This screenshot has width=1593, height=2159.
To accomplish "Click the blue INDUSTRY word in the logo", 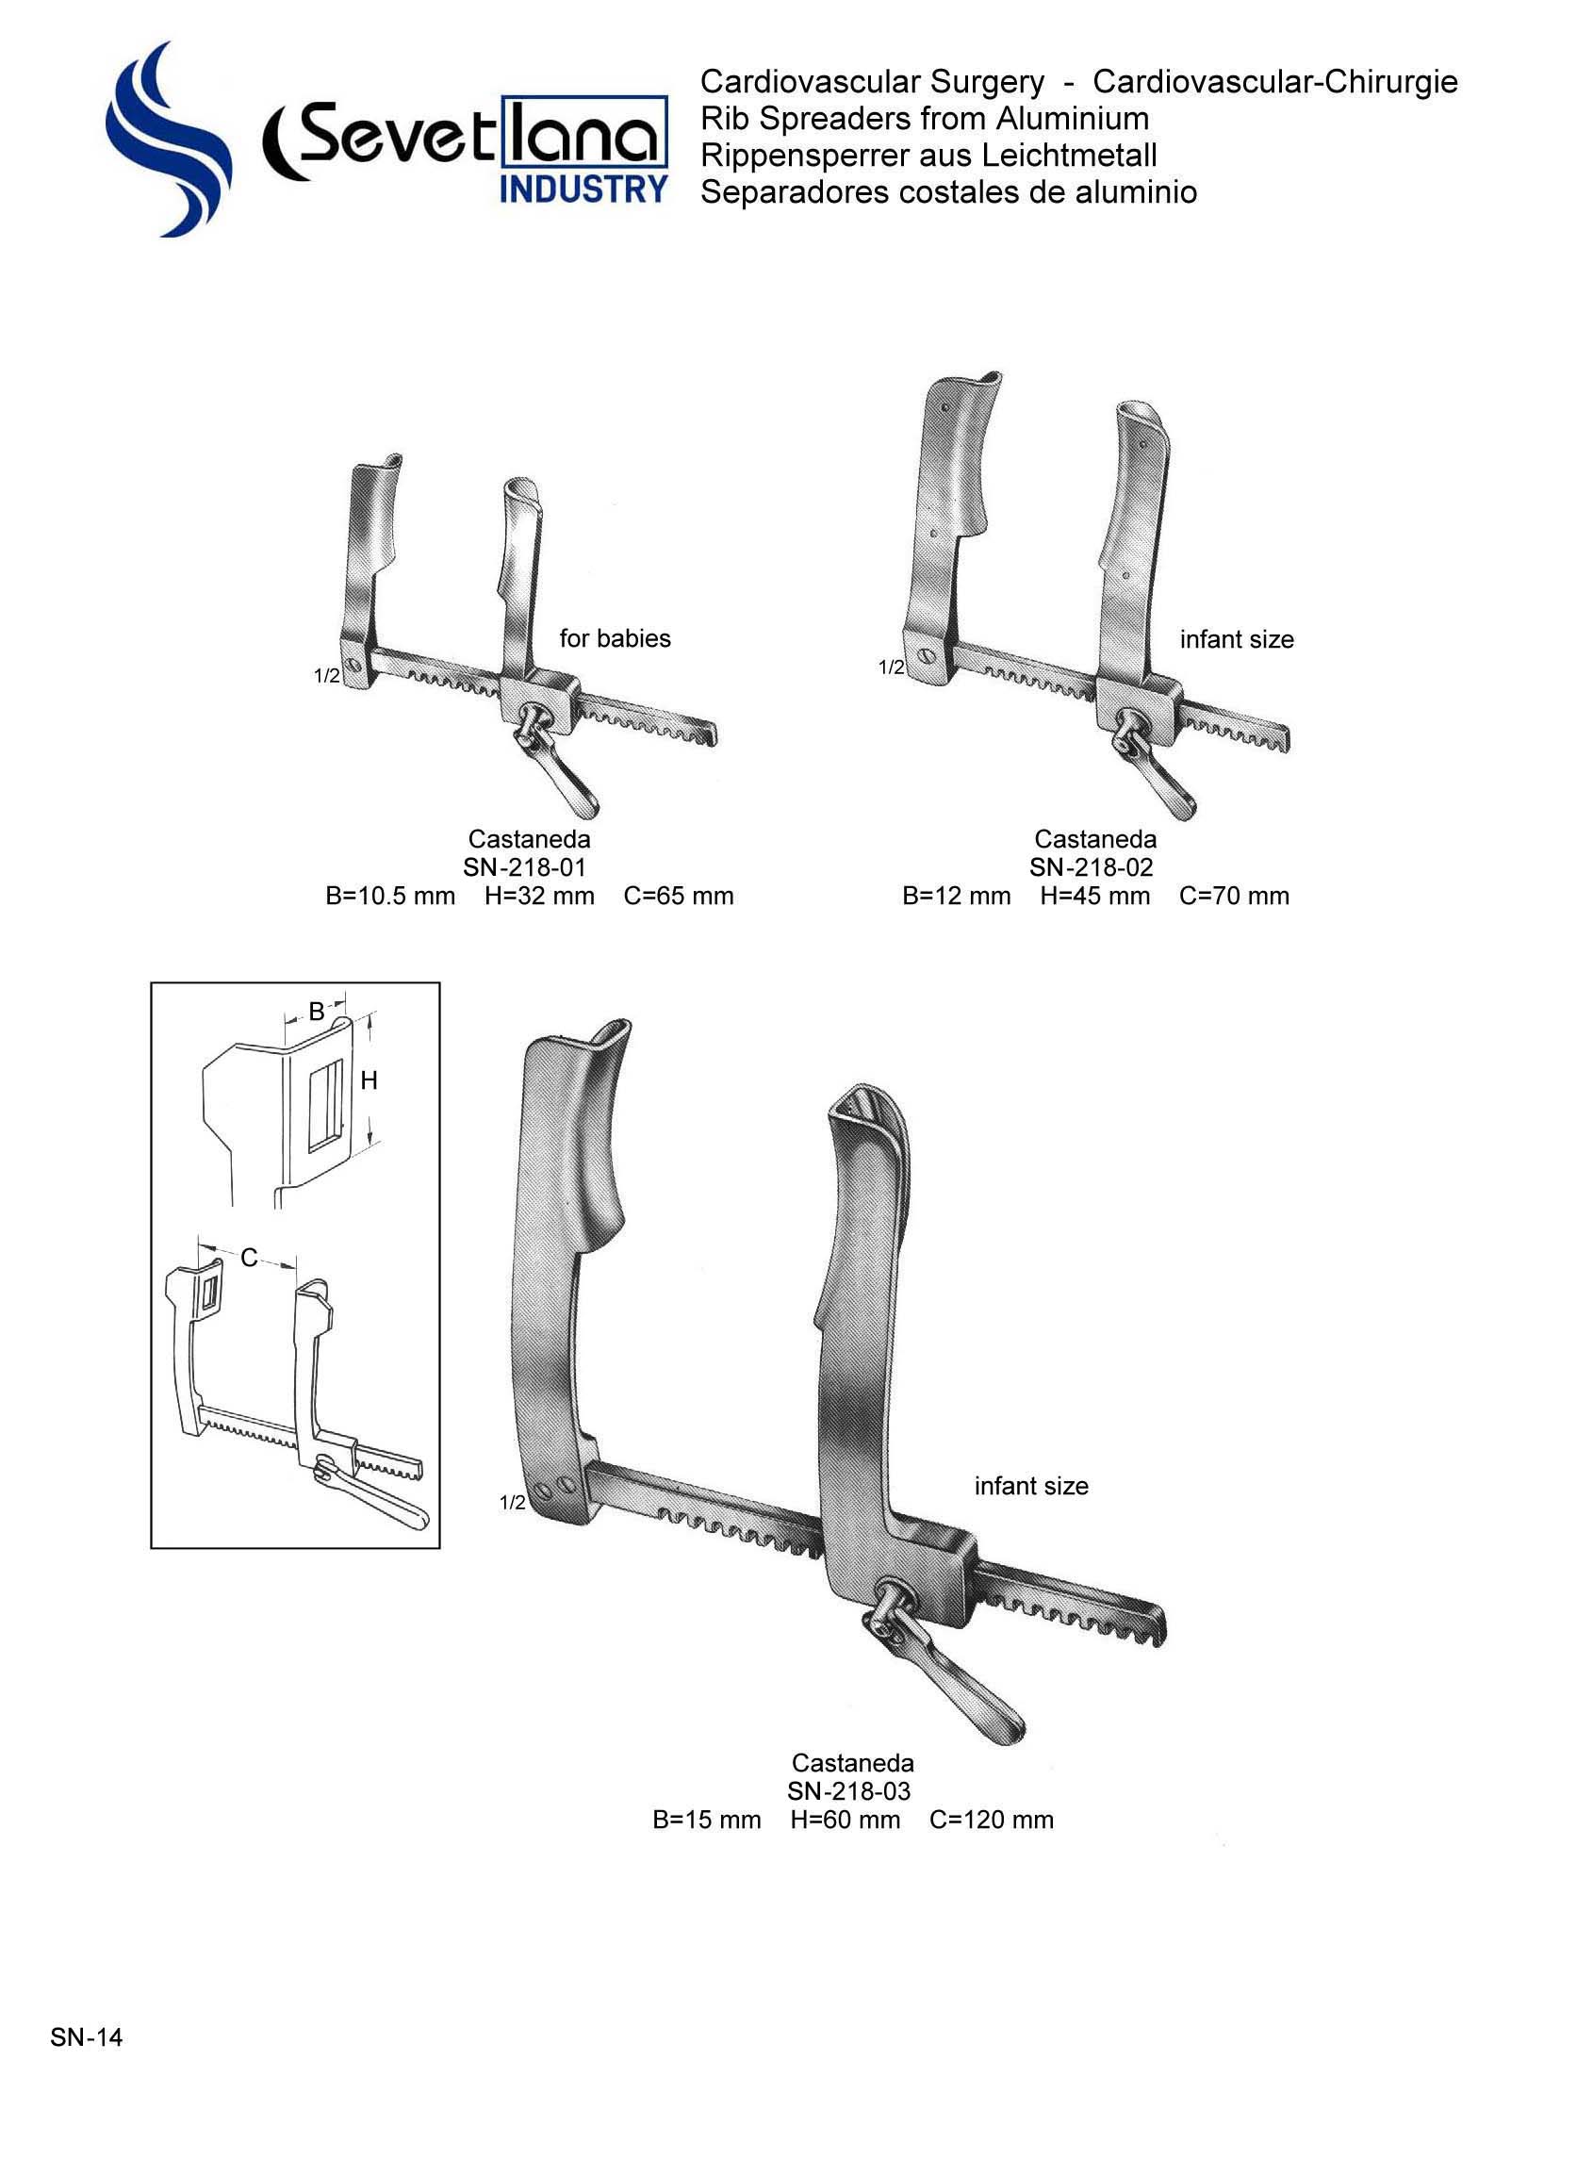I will pyautogui.click(x=583, y=189).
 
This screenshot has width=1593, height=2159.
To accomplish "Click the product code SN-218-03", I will pyautogui.click(x=848, y=1790).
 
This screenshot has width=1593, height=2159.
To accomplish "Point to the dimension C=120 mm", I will pyautogui.click(x=992, y=1820).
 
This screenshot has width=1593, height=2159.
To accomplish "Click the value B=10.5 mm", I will pyautogui.click(x=389, y=896).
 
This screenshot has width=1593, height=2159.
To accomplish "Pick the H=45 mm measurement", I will pyautogui.click(x=1094, y=896).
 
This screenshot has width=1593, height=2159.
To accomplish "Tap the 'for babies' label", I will pyautogui.click(x=615, y=638).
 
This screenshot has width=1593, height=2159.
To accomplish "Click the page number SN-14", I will pyautogui.click(x=87, y=2036).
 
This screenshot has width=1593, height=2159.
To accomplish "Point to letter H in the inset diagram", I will pyautogui.click(x=369, y=1081).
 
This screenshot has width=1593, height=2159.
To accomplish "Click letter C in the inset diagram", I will pyautogui.click(x=249, y=1258).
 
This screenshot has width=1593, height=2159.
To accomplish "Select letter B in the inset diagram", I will pyautogui.click(x=317, y=1012).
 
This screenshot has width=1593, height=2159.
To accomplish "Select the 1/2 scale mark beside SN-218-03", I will pyautogui.click(x=512, y=1502).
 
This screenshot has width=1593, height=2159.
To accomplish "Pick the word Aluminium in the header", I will pyautogui.click(x=1073, y=119).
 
